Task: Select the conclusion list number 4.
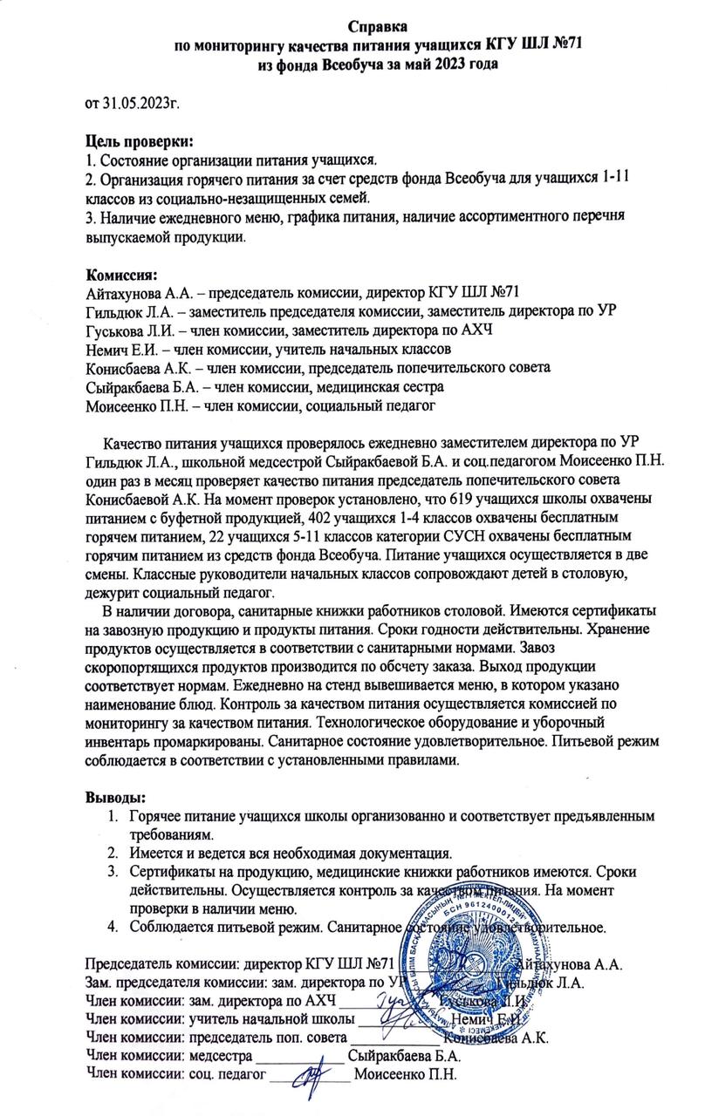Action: click(112, 926)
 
